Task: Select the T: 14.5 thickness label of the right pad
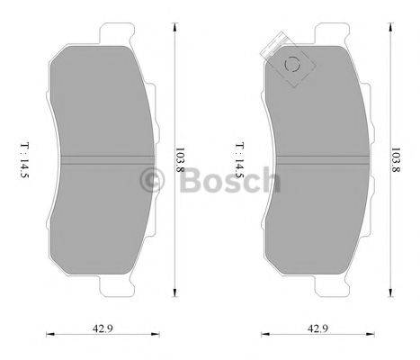tap(238, 161)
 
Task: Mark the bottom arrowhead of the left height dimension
tap(172, 299)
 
